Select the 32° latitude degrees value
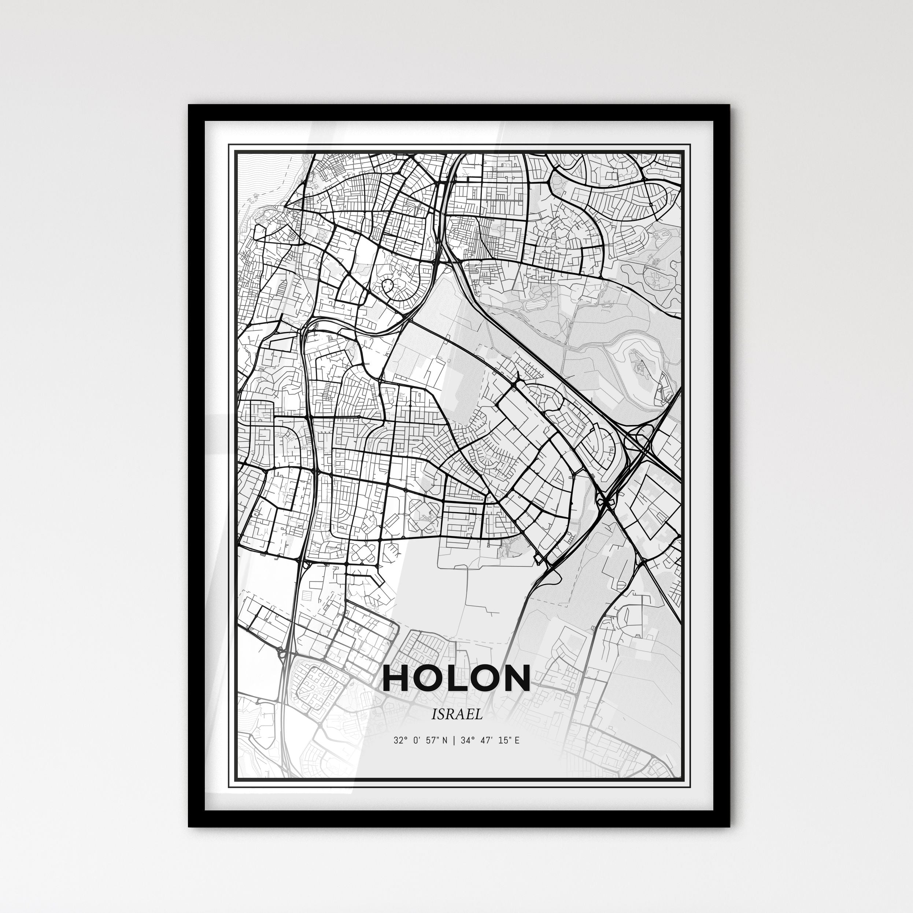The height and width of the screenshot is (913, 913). pos(399,740)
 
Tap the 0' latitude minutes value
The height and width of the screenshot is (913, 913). pos(417,740)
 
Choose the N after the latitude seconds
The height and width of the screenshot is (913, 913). pos(444,740)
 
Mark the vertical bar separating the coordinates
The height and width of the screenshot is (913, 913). pos(453,740)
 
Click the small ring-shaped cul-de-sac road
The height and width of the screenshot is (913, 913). pos(388,285)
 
